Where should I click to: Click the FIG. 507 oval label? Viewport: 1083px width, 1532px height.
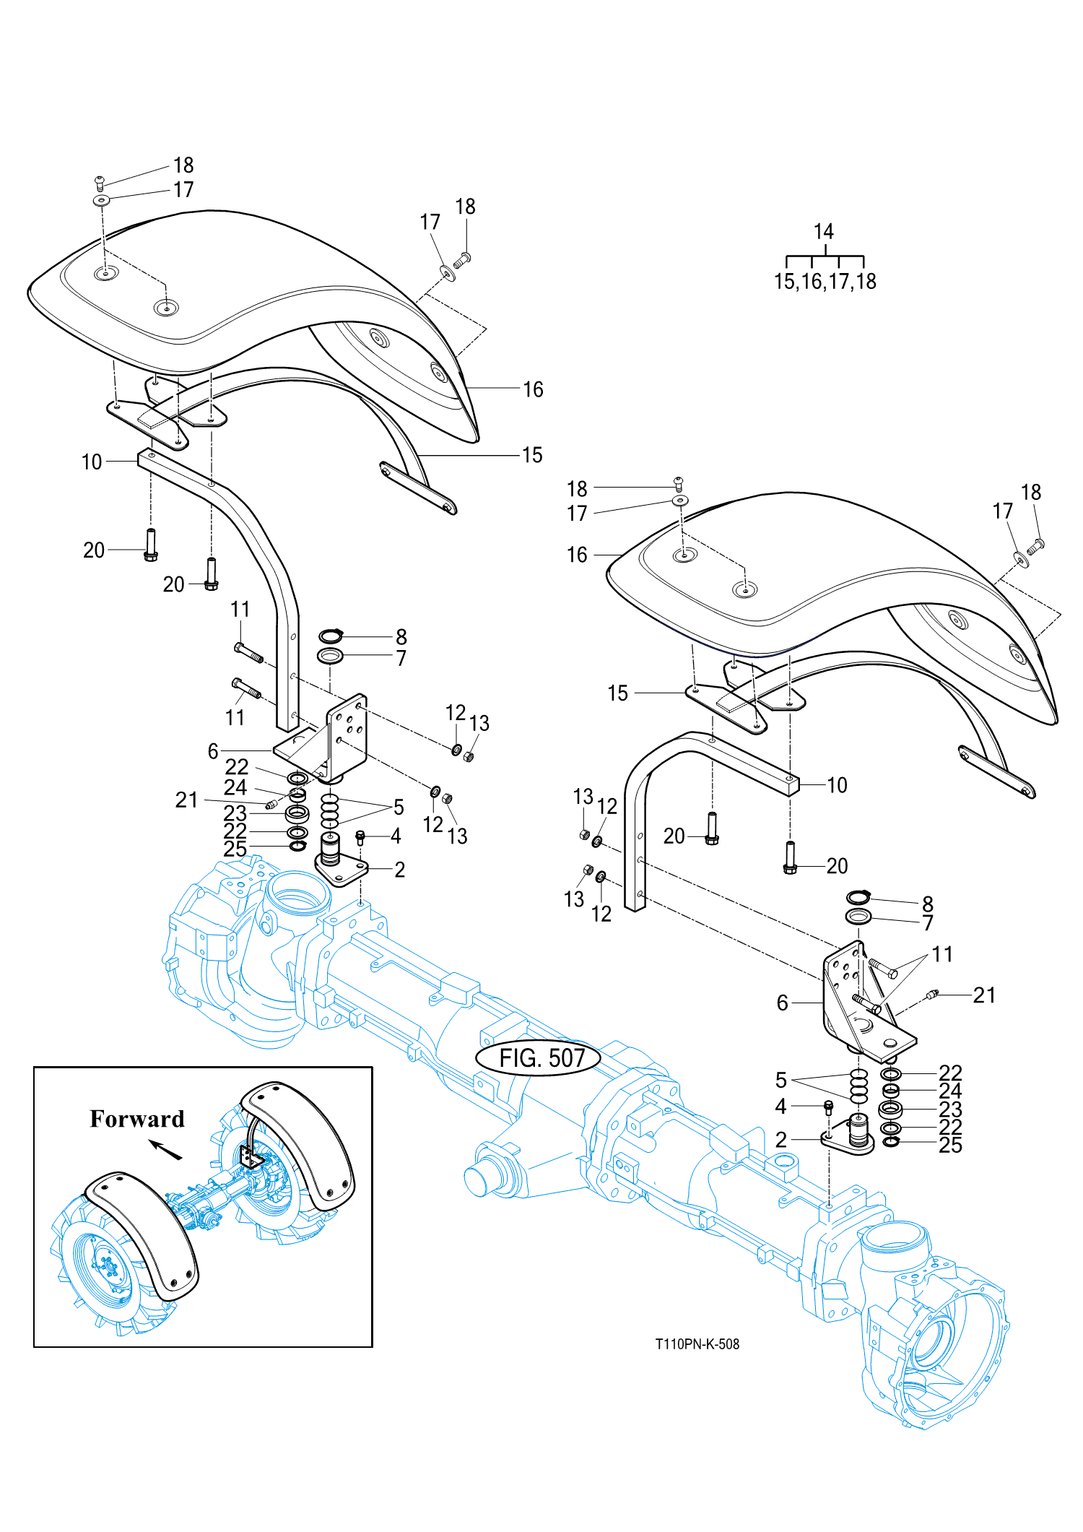pyautogui.click(x=539, y=1058)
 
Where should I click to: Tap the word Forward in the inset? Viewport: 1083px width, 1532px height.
pyautogui.click(x=137, y=1119)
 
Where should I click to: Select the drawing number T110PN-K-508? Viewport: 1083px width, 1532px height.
pyautogui.click(x=697, y=1344)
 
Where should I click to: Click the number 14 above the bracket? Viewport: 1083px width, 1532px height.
pyautogui.click(x=824, y=231)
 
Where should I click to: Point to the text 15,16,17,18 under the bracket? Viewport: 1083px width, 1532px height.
pyautogui.click(x=825, y=281)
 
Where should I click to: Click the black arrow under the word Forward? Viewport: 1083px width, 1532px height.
pyautogui.click(x=165, y=1149)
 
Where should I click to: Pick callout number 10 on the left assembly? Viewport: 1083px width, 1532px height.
pyautogui.click(x=92, y=462)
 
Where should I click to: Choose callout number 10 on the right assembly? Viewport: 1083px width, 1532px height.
pyautogui.click(x=837, y=785)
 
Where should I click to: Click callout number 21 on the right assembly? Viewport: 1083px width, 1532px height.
pyautogui.click(x=984, y=995)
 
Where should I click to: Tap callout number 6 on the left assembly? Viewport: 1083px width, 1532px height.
pyautogui.click(x=213, y=751)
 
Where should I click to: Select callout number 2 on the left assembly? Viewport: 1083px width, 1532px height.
pyautogui.click(x=399, y=870)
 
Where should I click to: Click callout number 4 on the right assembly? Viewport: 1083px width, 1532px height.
pyautogui.click(x=780, y=1106)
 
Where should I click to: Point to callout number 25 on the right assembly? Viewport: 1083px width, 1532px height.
pyautogui.click(x=950, y=1145)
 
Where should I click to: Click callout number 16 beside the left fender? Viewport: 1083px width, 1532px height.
pyautogui.click(x=533, y=390)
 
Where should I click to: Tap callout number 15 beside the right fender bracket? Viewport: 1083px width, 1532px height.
pyautogui.click(x=617, y=693)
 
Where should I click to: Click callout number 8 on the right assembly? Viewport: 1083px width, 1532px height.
pyautogui.click(x=928, y=904)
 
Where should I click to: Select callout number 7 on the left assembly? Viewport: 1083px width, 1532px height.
pyautogui.click(x=401, y=658)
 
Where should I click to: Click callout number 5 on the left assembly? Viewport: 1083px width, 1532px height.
pyautogui.click(x=399, y=808)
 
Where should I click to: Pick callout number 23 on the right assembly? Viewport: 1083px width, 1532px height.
pyautogui.click(x=950, y=1109)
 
